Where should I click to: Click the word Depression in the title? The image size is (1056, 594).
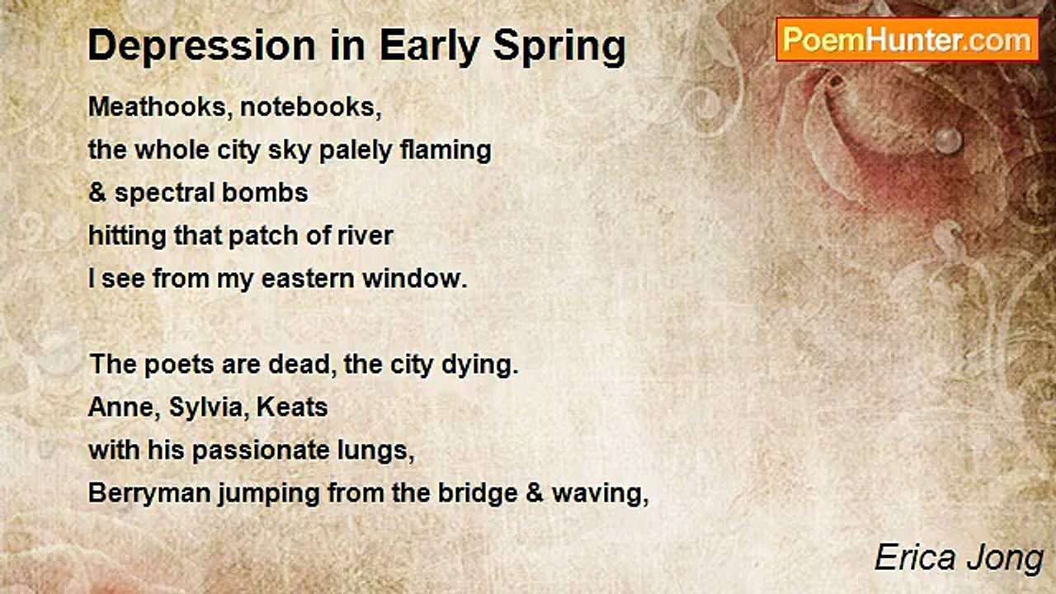click(201, 45)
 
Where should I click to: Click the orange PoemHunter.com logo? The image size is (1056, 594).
click(907, 40)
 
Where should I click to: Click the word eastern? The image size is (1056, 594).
click(308, 279)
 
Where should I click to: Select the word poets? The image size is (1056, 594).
click(179, 365)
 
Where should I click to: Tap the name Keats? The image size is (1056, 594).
click(292, 408)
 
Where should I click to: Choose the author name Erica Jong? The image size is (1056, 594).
click(959, 559)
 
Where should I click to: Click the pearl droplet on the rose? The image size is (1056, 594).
click(948, 140)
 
